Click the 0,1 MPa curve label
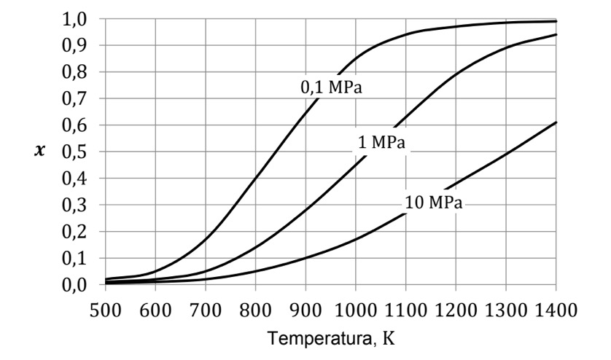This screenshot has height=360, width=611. (x=332, y=87)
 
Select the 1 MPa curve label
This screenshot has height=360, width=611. (x=384, y=144)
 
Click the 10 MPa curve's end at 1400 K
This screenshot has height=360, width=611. (x=556, y=122)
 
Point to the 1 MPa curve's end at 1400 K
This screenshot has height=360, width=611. (x=556, y=34)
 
